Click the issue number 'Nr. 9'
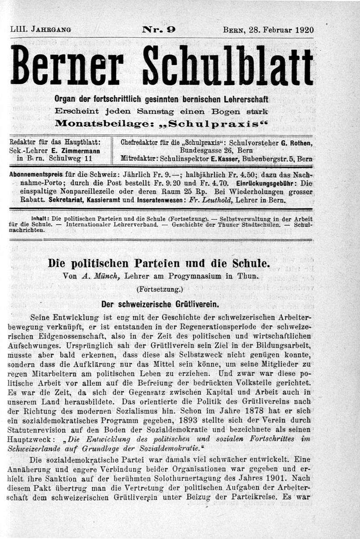(x=159, y=30)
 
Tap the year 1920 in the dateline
(x=304, y=31)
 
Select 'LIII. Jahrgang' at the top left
(x=40, y=30)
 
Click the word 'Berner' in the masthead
(x=67, y=66)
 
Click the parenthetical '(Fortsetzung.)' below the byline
(x=159, y=290)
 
